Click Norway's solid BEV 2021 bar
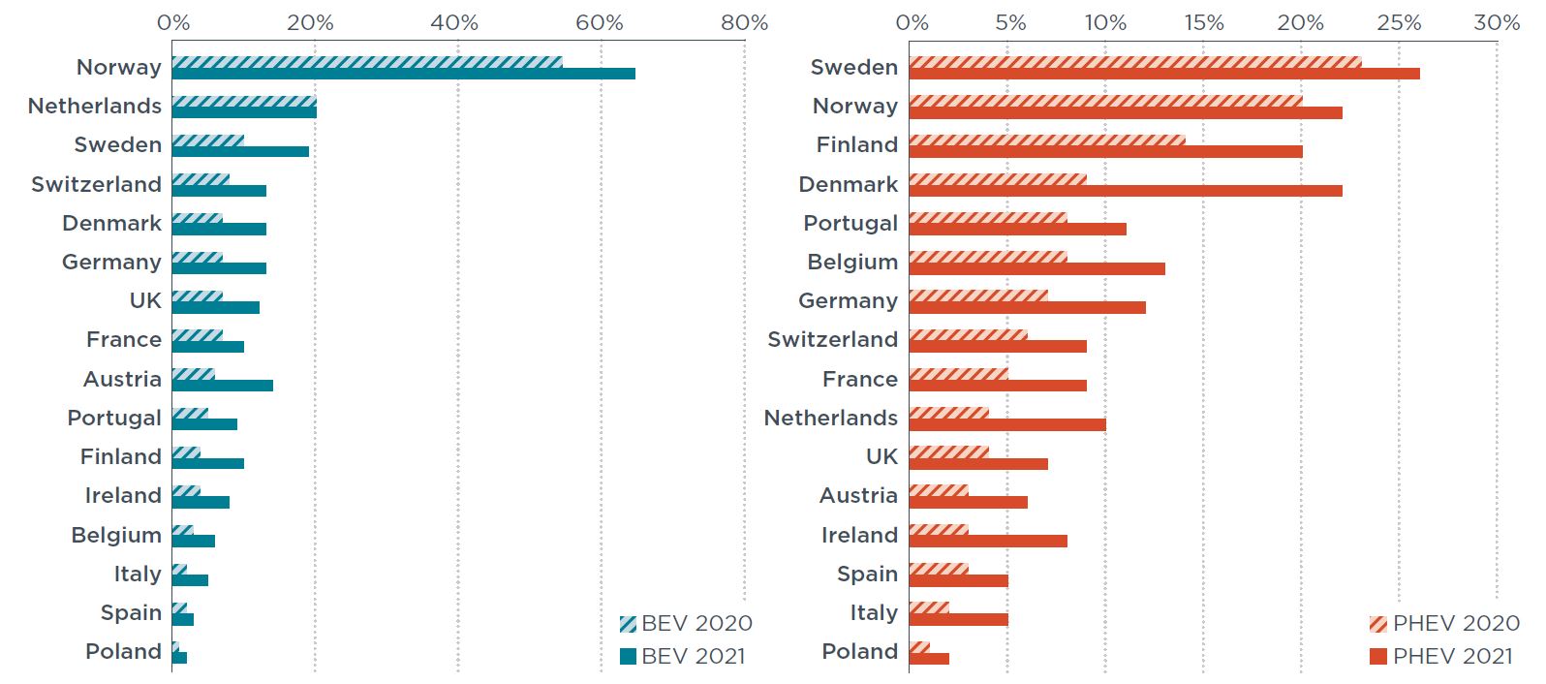403,74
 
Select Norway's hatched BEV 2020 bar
367,62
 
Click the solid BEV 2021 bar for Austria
223,386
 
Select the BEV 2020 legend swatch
628,624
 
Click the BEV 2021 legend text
694,656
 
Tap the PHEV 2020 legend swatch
1378,624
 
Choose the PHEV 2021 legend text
1452,656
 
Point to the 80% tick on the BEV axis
744,22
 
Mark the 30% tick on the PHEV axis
1497,22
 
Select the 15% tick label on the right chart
1203,22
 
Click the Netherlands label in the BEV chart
95,106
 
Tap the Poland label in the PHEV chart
860,651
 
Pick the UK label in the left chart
145,300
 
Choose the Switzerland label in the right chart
833,339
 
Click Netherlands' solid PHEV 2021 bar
1007,424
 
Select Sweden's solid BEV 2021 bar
240,151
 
